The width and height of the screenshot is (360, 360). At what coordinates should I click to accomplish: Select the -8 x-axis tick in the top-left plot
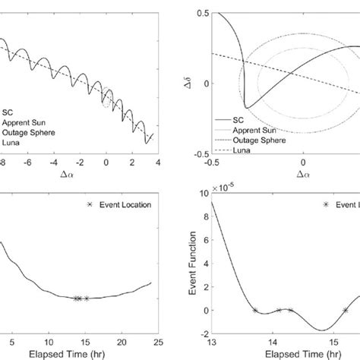click(4, 163)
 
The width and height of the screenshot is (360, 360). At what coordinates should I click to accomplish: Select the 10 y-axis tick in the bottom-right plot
click(197, 194)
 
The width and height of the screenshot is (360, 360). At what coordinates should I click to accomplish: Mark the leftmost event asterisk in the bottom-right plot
click(254, 310)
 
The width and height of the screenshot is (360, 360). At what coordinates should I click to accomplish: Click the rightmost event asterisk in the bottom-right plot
click(346, 310)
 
